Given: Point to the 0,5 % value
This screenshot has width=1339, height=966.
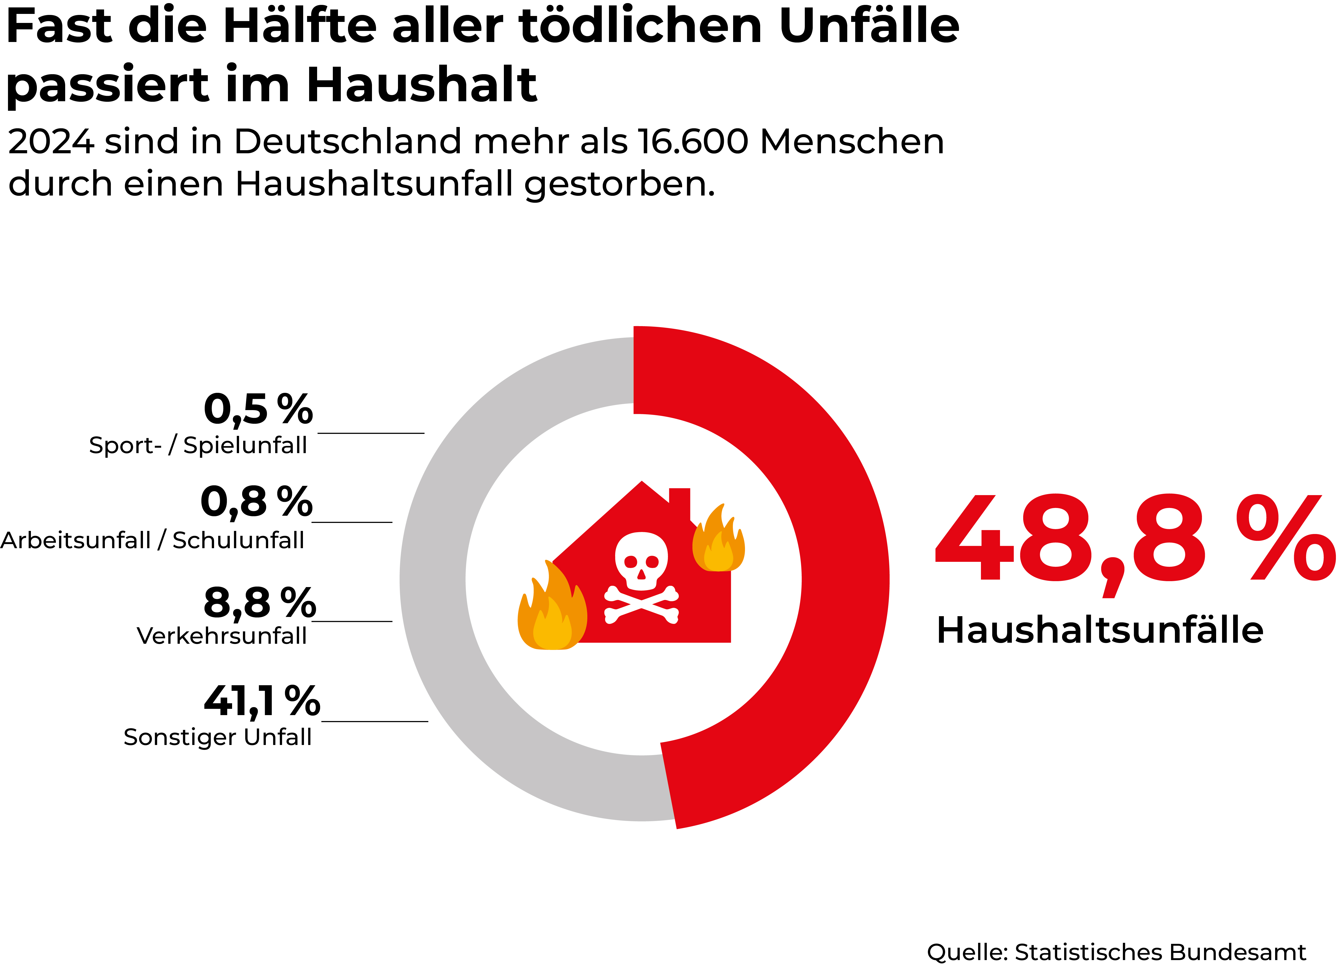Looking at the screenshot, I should [258, 409].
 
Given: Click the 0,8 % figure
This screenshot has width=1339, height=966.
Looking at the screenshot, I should [256, 502].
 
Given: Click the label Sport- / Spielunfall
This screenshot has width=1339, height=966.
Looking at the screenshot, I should [198, 445].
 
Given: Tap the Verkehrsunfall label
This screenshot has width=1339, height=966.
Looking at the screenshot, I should [221, 636].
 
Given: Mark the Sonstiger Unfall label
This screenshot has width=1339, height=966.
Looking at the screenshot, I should [217, 737].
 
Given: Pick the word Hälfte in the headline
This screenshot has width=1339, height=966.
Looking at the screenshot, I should [300, 27].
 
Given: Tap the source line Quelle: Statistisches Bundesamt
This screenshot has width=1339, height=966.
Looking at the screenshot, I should [1116, 952].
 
